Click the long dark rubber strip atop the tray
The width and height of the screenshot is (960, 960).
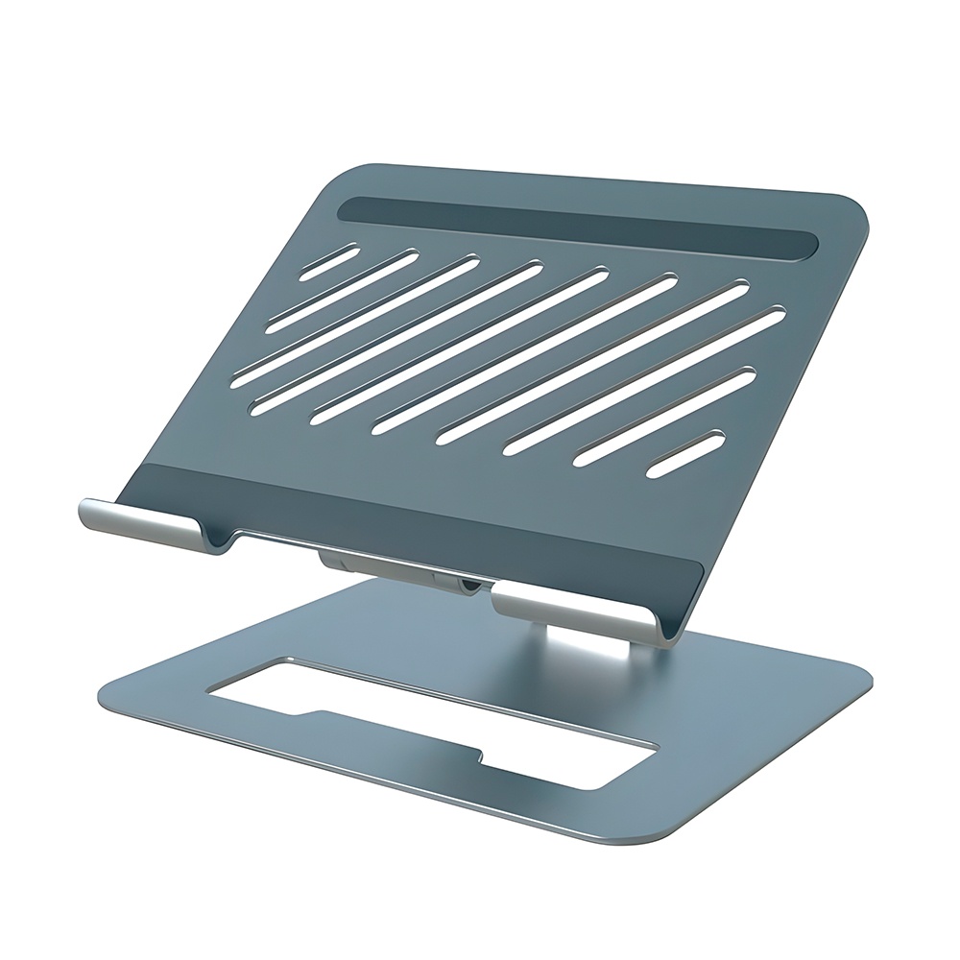pos(576,228)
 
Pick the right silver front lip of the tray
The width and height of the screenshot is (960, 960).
pos(576,614)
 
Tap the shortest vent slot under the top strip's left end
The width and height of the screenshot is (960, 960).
pos(329,260)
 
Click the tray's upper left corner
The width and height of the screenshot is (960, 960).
pos(360,171)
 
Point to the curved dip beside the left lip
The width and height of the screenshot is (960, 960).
pos(223,544)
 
